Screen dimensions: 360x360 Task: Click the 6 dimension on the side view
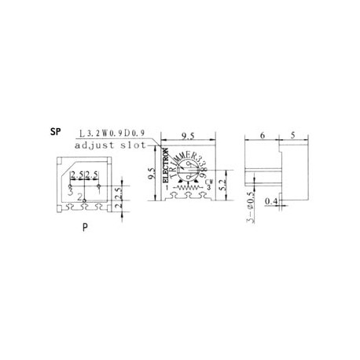tap(261, 134)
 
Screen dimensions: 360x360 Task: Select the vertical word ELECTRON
tap(165, 167)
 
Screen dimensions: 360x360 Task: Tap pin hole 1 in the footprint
tap(97, 186)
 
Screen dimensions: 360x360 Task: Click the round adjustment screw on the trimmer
tap(186, 172)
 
